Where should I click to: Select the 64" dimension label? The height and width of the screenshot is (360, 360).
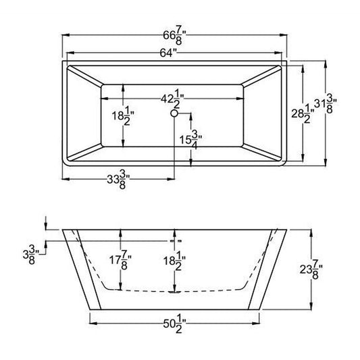coord(168,53)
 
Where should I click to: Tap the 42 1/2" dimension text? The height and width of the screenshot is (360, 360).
coord(173,99)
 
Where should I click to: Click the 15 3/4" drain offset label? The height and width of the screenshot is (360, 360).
coord(190,140)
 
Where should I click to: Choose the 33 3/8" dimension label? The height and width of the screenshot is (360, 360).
coord(118,180)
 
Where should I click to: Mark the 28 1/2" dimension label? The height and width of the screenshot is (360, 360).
coord(303,113)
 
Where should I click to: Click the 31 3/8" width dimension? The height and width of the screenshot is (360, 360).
coord(326,104)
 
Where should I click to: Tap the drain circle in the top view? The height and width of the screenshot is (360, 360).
coord(174,113)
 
